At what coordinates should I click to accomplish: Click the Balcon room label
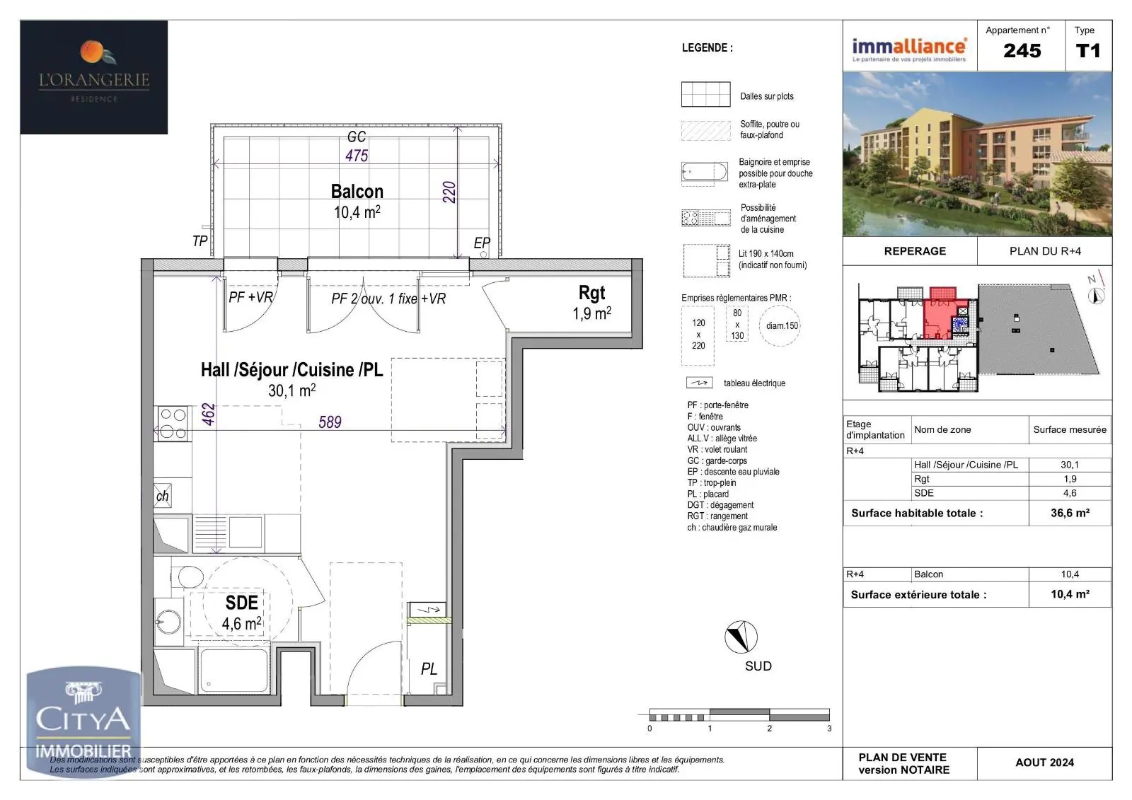(357, 192)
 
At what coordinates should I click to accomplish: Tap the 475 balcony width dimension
(357, 156)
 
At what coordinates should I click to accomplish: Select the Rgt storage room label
(591, 293)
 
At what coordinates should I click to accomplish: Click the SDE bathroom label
(241, 603)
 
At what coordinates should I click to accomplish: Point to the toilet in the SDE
(190, 575)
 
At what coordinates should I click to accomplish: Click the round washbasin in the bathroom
(169, 622)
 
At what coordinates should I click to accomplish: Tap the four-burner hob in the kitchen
(173, 424)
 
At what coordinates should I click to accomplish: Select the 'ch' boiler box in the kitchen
(163, 495)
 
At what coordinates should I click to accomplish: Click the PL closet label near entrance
(429, 669)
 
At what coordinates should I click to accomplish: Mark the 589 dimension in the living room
(330, 422)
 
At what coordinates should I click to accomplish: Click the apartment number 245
(1022, 51)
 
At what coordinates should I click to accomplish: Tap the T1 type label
(1087, 51)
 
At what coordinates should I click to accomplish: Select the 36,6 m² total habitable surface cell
(1069, 513)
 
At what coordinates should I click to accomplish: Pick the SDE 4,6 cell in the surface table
(1069, 493)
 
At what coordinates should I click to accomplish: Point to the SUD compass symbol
(741, 637)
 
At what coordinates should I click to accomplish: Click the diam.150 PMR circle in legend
(780, 326)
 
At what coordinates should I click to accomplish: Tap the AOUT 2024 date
(1044, 763)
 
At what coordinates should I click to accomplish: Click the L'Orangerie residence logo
(94, 76)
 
